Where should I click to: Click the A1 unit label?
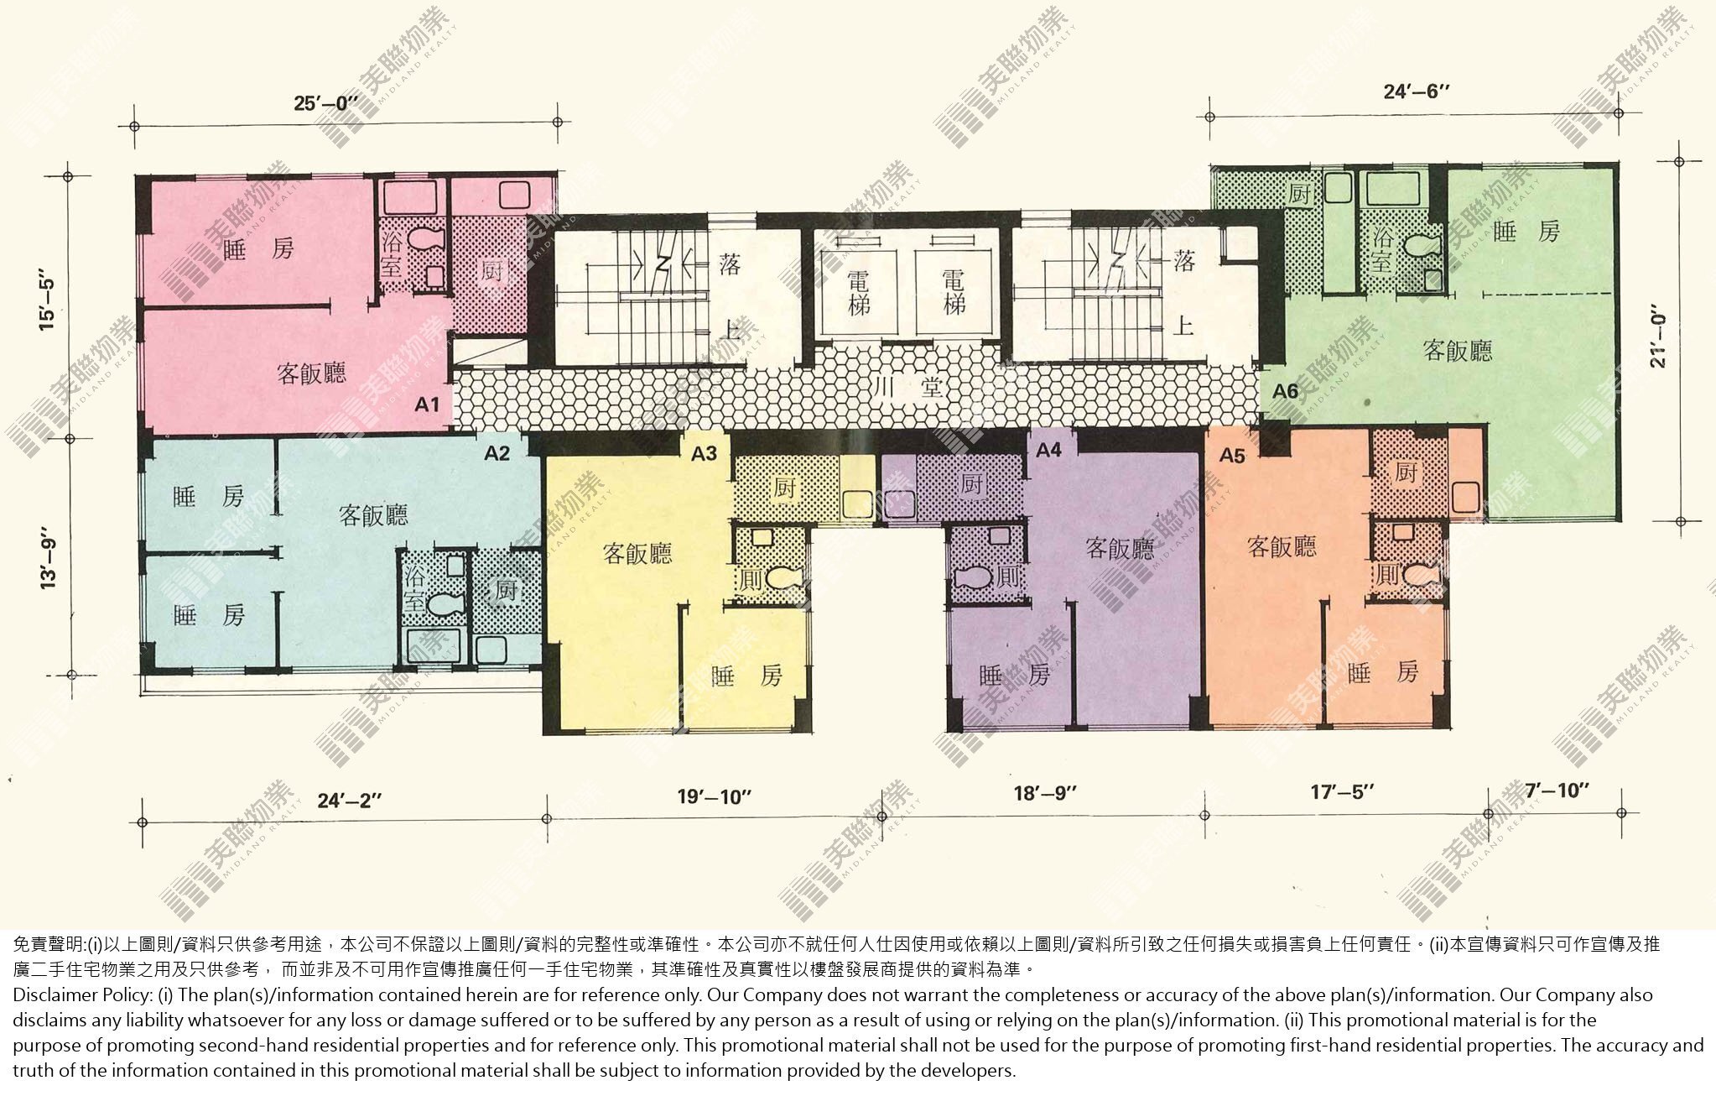[x=427, y=404]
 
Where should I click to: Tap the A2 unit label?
[x=497, y=453]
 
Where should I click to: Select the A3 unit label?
[x=704, y=453]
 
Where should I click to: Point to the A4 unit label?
[x=1048, y=451]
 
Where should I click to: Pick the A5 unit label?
[x=1232, y=456]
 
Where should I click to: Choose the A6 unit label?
[x=1285, y=390]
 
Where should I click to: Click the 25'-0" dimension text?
[x=325, y=103]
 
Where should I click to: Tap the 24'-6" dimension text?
[x=1417, y=91]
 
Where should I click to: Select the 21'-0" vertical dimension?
[x=1656, y=341]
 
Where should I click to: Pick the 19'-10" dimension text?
[x=714, y=796]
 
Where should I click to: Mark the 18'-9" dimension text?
[x=1044, y=792]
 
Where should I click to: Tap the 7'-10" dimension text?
[x=1557, y=791]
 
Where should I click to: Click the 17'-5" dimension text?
[x=1343, y=791]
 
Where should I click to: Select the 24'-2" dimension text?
[x=350, y=800]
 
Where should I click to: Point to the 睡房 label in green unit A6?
[x=1526, y=232]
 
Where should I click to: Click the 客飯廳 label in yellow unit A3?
[x=637, y=553]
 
